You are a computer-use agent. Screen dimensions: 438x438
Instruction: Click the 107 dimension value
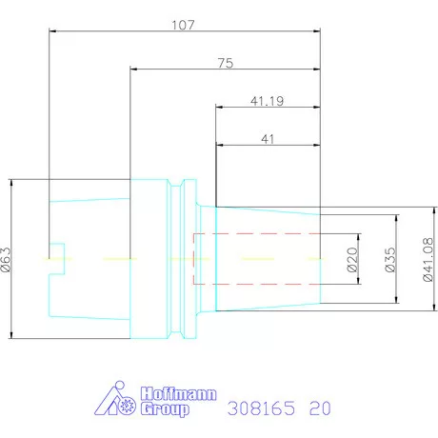click(x=183, y=25)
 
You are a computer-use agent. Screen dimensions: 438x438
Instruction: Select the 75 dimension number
click(x=226, y=63)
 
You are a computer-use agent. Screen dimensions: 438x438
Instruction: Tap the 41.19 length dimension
click(x=267, y=101)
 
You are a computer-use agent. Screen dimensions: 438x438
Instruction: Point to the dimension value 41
click(x=268, y=139)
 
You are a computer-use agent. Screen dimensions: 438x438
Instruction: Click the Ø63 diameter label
click(x=6, y=260)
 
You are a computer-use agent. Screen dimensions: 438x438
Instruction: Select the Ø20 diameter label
click(x=352, y=260)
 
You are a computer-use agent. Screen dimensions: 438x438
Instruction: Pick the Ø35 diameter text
click(x=390, y=260)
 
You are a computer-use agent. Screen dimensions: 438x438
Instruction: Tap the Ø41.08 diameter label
click(x=428, y=260)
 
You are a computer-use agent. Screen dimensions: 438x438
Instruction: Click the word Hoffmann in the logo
click(x=179, y=394)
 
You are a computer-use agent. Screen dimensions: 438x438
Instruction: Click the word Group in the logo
click(x=165, y=408)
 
